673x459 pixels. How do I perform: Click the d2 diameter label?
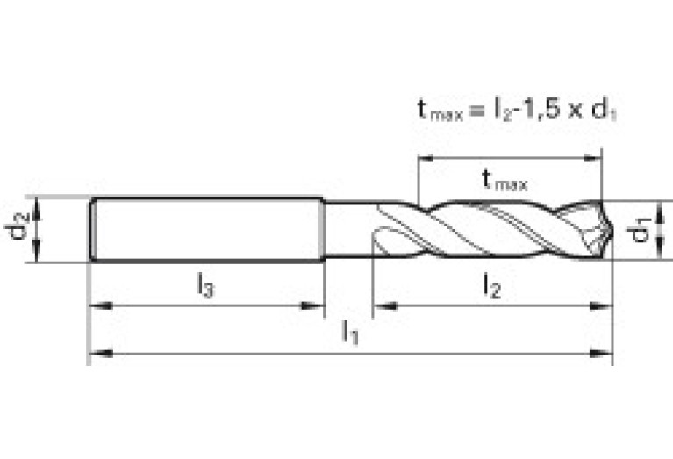click(18, 225)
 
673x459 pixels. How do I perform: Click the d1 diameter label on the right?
click(639, 231)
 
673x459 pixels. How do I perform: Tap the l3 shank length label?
click(205, 285)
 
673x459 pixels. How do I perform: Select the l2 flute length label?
click(492, 286)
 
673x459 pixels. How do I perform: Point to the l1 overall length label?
click(350, 332)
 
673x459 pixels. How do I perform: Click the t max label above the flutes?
click(505, 180)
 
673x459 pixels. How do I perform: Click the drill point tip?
click(612, 230)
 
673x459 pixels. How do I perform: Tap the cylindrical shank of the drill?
click(207, 229)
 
